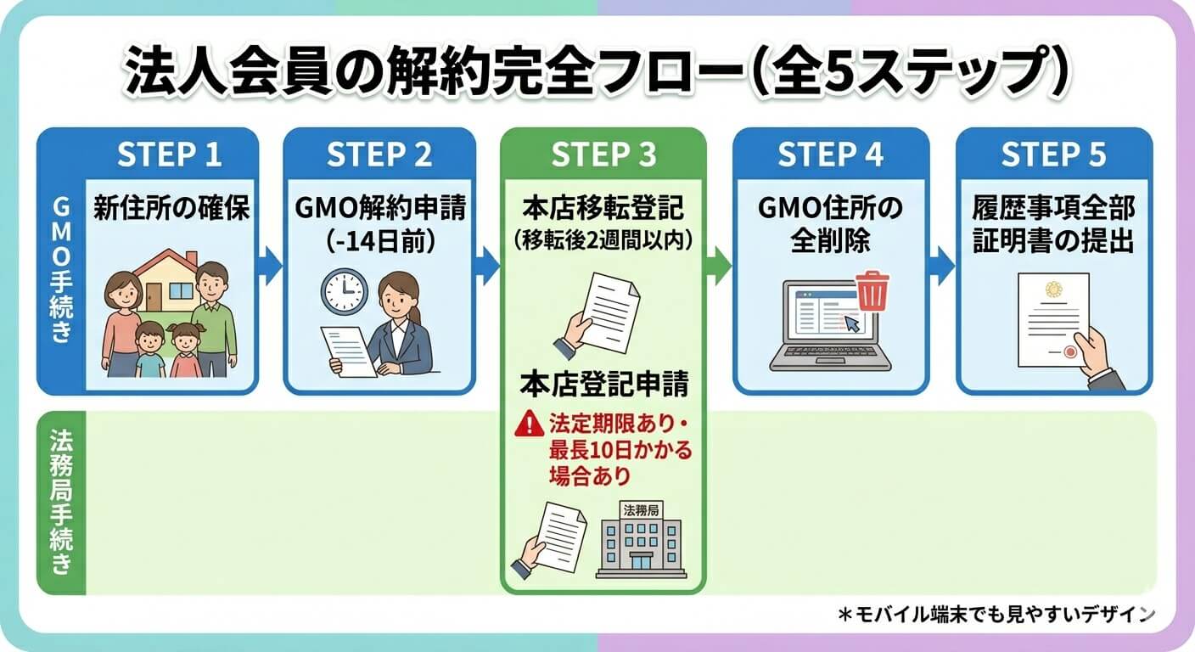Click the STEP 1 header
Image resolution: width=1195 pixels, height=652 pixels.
[169, 155]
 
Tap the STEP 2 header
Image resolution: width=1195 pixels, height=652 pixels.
[379, 155]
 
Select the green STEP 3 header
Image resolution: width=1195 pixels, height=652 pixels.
[603, 155]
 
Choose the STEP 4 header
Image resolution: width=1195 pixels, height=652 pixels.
[829, 155]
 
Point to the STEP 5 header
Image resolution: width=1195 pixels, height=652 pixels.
[1053, 155]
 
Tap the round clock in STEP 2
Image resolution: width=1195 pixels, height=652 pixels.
[342, 291]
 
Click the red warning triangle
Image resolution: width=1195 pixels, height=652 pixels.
[529, 423]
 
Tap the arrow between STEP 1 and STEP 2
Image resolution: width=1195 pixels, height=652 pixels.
[269, 266]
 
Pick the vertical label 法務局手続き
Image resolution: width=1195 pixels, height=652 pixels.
[61, 501]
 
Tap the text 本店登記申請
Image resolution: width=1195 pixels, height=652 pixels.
[603, 384]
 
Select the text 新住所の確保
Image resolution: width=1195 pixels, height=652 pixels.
[171, 208]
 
